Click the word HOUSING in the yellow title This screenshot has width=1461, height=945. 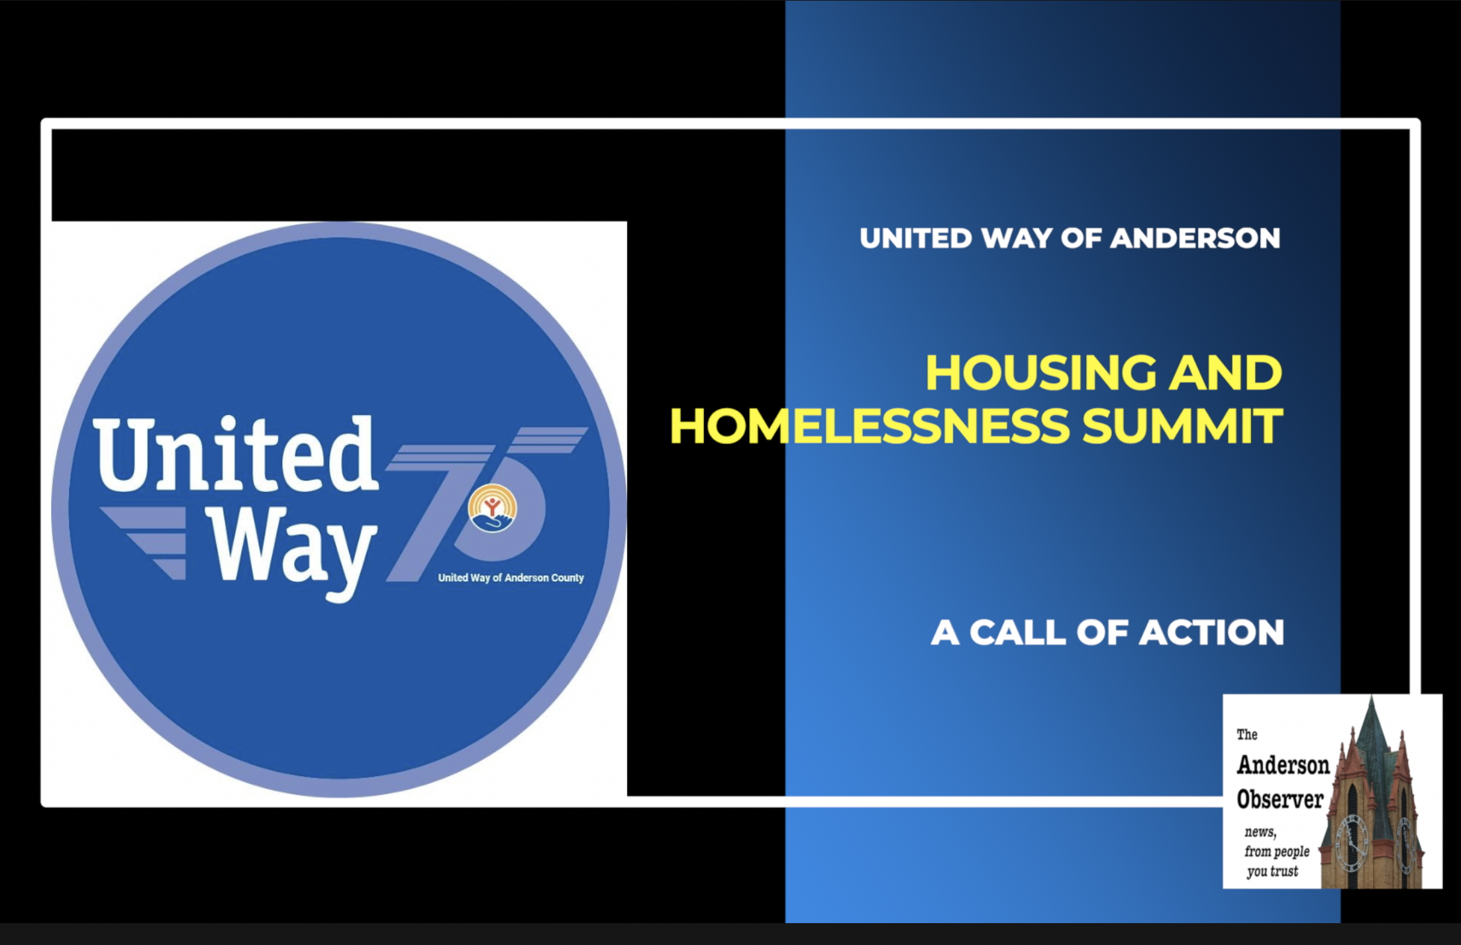(x=1040, y=373)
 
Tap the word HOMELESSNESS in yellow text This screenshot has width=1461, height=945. (x=870, y=426)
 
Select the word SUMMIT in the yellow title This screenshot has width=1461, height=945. (x=1182, y=426)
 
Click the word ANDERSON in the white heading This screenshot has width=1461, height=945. (x=1195, y=239)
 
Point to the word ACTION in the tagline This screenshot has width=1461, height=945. (x=1211, y=632)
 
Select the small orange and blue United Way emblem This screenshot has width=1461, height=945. (x=492, y=509)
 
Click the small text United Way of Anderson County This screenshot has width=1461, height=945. (x=511, y=578)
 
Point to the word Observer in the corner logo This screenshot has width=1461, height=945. (x=1280, y=799)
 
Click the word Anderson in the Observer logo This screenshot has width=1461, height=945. (x=1283, y=765)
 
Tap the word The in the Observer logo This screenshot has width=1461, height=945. (x=1246, y=734)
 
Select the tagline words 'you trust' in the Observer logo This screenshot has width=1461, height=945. (x=1272, y=871)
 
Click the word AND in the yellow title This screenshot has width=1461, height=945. (x=1225, y=373)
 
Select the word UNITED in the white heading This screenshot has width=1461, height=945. (x=915, y=239)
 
